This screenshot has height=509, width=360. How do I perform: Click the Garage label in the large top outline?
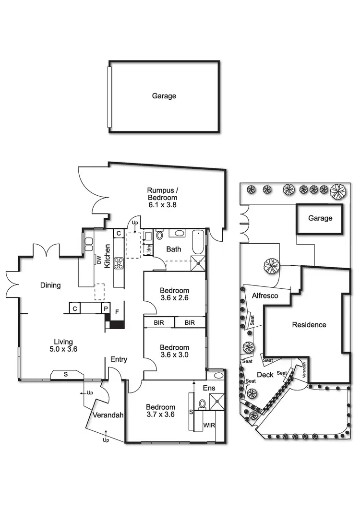164,96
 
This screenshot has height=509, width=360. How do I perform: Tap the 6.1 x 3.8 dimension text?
162,204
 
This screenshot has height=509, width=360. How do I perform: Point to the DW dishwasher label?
99,260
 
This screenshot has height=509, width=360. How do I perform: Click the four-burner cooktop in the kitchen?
119,263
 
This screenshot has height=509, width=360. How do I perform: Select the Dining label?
50,285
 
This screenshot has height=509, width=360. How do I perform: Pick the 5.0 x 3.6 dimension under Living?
63,349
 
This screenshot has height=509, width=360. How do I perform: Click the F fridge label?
116,311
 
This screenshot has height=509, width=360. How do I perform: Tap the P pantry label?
105,308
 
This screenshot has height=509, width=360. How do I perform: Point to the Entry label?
119,359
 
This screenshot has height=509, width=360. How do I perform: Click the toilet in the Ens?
203,404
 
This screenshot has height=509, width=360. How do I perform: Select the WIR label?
209,425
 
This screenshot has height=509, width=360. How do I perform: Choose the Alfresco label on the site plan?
265,296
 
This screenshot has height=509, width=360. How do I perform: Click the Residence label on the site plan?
309,325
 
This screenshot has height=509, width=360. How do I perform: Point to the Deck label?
265,375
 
